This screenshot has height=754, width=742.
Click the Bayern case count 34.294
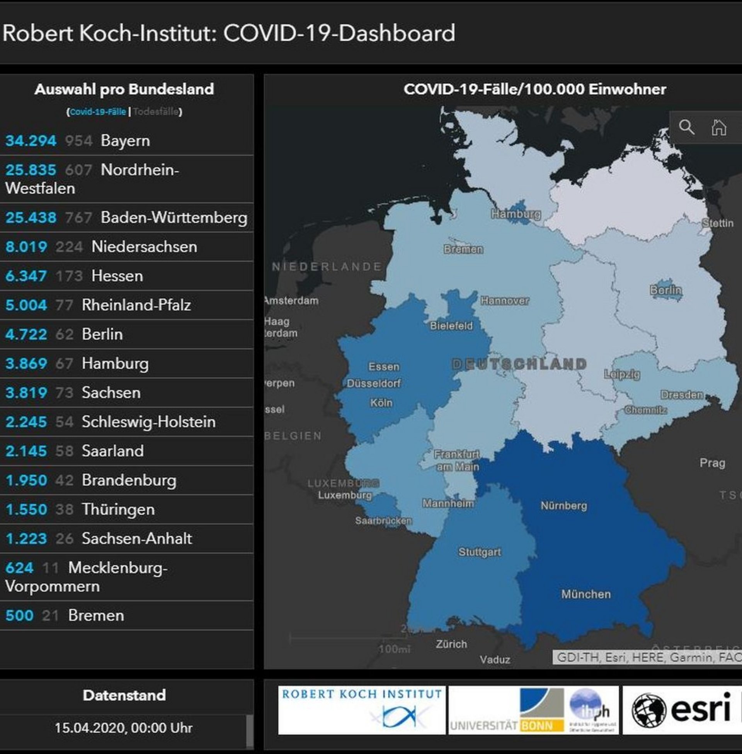[31, 141]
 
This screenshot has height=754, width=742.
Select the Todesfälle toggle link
[155, 112]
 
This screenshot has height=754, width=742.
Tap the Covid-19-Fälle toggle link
[98, 112]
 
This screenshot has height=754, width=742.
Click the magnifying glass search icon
[686, 127]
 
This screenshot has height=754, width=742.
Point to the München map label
[586, 594]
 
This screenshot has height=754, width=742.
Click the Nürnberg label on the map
[563, 506]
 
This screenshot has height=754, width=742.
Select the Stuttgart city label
[479, 552]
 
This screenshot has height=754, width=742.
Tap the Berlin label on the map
[665, 290]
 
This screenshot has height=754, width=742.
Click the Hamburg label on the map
[516, 214]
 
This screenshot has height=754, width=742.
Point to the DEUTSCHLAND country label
[519, 364]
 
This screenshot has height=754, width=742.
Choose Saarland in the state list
[112, 451]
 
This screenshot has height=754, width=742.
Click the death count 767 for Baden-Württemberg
[78, 218]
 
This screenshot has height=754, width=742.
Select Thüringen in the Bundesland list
[118, 509]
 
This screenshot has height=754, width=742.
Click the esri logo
[681, 710]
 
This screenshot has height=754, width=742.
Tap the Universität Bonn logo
[533, 710]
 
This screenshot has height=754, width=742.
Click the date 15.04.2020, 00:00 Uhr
[124, 727]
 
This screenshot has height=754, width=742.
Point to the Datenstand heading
[124, 695]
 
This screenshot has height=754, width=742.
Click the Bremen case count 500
[19, 615]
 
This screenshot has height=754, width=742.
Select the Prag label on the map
[712, 463]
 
